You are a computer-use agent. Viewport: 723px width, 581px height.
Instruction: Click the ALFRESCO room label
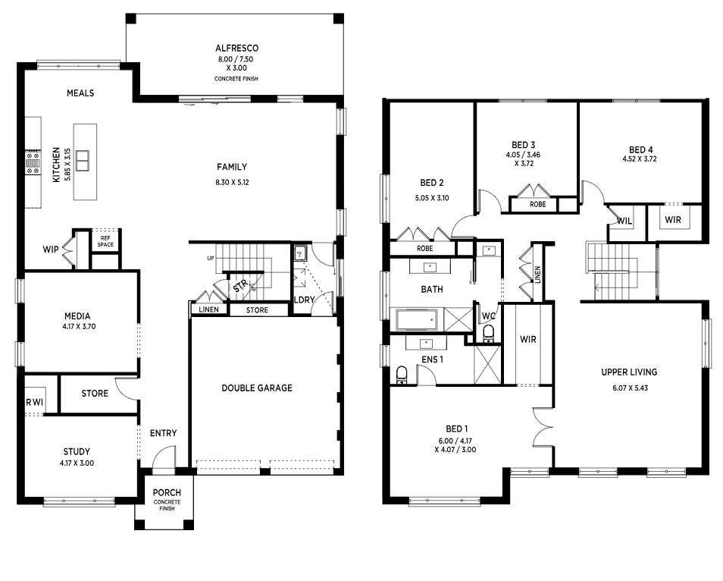236,48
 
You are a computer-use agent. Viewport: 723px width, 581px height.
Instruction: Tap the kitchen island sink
82,161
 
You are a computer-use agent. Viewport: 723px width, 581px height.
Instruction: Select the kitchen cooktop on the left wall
33,163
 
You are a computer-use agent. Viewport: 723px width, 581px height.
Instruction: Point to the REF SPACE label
105,241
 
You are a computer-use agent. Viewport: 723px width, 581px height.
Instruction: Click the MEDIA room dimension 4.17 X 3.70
77,326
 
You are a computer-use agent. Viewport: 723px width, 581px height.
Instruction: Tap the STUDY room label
77,451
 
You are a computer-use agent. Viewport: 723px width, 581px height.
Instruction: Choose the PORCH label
167,492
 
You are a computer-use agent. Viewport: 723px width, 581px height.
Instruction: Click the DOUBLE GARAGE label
257,388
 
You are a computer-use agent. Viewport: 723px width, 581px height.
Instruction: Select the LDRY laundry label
305,300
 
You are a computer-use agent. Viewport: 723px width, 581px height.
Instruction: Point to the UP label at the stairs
211,259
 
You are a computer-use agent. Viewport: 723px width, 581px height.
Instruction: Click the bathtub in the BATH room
416,320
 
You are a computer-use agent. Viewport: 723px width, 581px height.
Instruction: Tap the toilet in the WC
488,333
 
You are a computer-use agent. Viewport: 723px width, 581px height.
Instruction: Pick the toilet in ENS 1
402,375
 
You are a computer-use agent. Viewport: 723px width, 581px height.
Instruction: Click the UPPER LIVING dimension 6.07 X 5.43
630,388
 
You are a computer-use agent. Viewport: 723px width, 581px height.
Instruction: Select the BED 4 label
640,149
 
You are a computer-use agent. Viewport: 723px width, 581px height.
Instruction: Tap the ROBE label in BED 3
537,204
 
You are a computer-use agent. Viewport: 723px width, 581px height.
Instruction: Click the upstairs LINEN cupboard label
537,275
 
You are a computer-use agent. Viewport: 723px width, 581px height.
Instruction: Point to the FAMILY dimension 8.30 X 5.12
232,182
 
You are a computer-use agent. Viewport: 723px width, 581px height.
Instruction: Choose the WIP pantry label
51,250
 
